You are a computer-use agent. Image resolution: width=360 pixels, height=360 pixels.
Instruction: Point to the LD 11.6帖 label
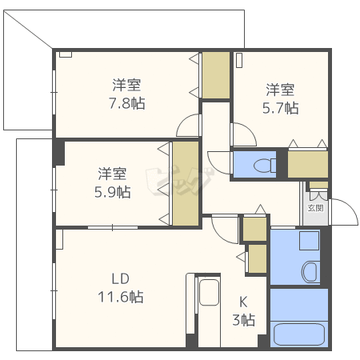coord(121,288)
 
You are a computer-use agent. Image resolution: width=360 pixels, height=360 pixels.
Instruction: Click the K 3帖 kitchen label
coord(243,311)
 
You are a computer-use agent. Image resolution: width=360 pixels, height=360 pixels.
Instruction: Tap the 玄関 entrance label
coord(316,208)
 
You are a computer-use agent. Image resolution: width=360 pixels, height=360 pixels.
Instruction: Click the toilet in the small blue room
coord(265,166)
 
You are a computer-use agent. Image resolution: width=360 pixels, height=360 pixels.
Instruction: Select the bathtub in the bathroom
coord(299,334)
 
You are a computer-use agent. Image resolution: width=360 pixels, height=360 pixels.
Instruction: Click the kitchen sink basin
coord(210,292)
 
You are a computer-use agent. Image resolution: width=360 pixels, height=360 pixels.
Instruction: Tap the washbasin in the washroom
coord(310,272)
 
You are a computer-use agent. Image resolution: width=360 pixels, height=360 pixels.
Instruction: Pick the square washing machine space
coord(309,241)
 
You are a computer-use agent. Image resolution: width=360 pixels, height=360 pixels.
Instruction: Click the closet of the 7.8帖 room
coord(216,75)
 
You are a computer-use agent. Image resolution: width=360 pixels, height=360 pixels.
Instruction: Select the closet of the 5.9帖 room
coord(186,183)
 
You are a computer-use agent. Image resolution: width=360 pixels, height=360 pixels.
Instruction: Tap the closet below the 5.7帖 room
coord(308,164)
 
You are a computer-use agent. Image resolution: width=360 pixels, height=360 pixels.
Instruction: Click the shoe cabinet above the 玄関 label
coord(318,185)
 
